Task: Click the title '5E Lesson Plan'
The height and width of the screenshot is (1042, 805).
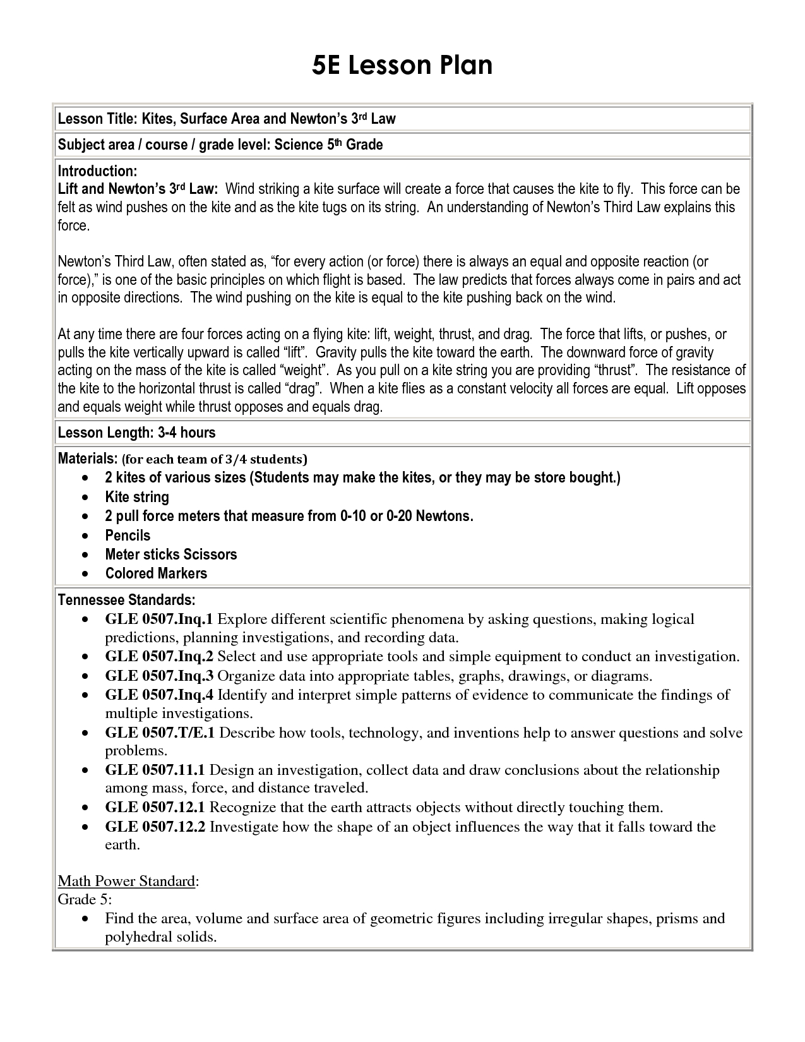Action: [402, 66]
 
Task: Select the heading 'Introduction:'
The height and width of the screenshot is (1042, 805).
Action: [97, 171]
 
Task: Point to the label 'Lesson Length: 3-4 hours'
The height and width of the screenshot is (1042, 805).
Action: [136, 433]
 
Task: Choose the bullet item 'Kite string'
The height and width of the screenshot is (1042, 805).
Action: [137, 497]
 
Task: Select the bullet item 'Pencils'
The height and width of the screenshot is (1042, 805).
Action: [128, 536]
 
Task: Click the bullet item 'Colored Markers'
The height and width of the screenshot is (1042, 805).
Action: [156, 573]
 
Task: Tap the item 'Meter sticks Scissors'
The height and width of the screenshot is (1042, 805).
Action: [170, 554]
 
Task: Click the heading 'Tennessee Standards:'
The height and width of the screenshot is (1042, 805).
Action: [126, 599]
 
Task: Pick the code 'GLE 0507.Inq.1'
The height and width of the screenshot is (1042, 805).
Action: [159, 619]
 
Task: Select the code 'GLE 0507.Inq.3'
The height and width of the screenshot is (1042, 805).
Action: [159, 676]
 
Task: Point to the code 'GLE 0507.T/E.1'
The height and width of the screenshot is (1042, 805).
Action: [160, 733]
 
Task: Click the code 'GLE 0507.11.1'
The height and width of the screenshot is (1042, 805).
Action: [155, 770]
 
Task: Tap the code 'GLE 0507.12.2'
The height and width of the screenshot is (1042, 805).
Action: [155, 827]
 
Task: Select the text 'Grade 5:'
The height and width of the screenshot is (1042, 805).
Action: [85, 899]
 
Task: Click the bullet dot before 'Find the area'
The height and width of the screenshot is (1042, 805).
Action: [85, 919]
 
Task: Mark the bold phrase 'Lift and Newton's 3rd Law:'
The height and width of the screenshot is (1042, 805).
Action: [138, 189]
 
